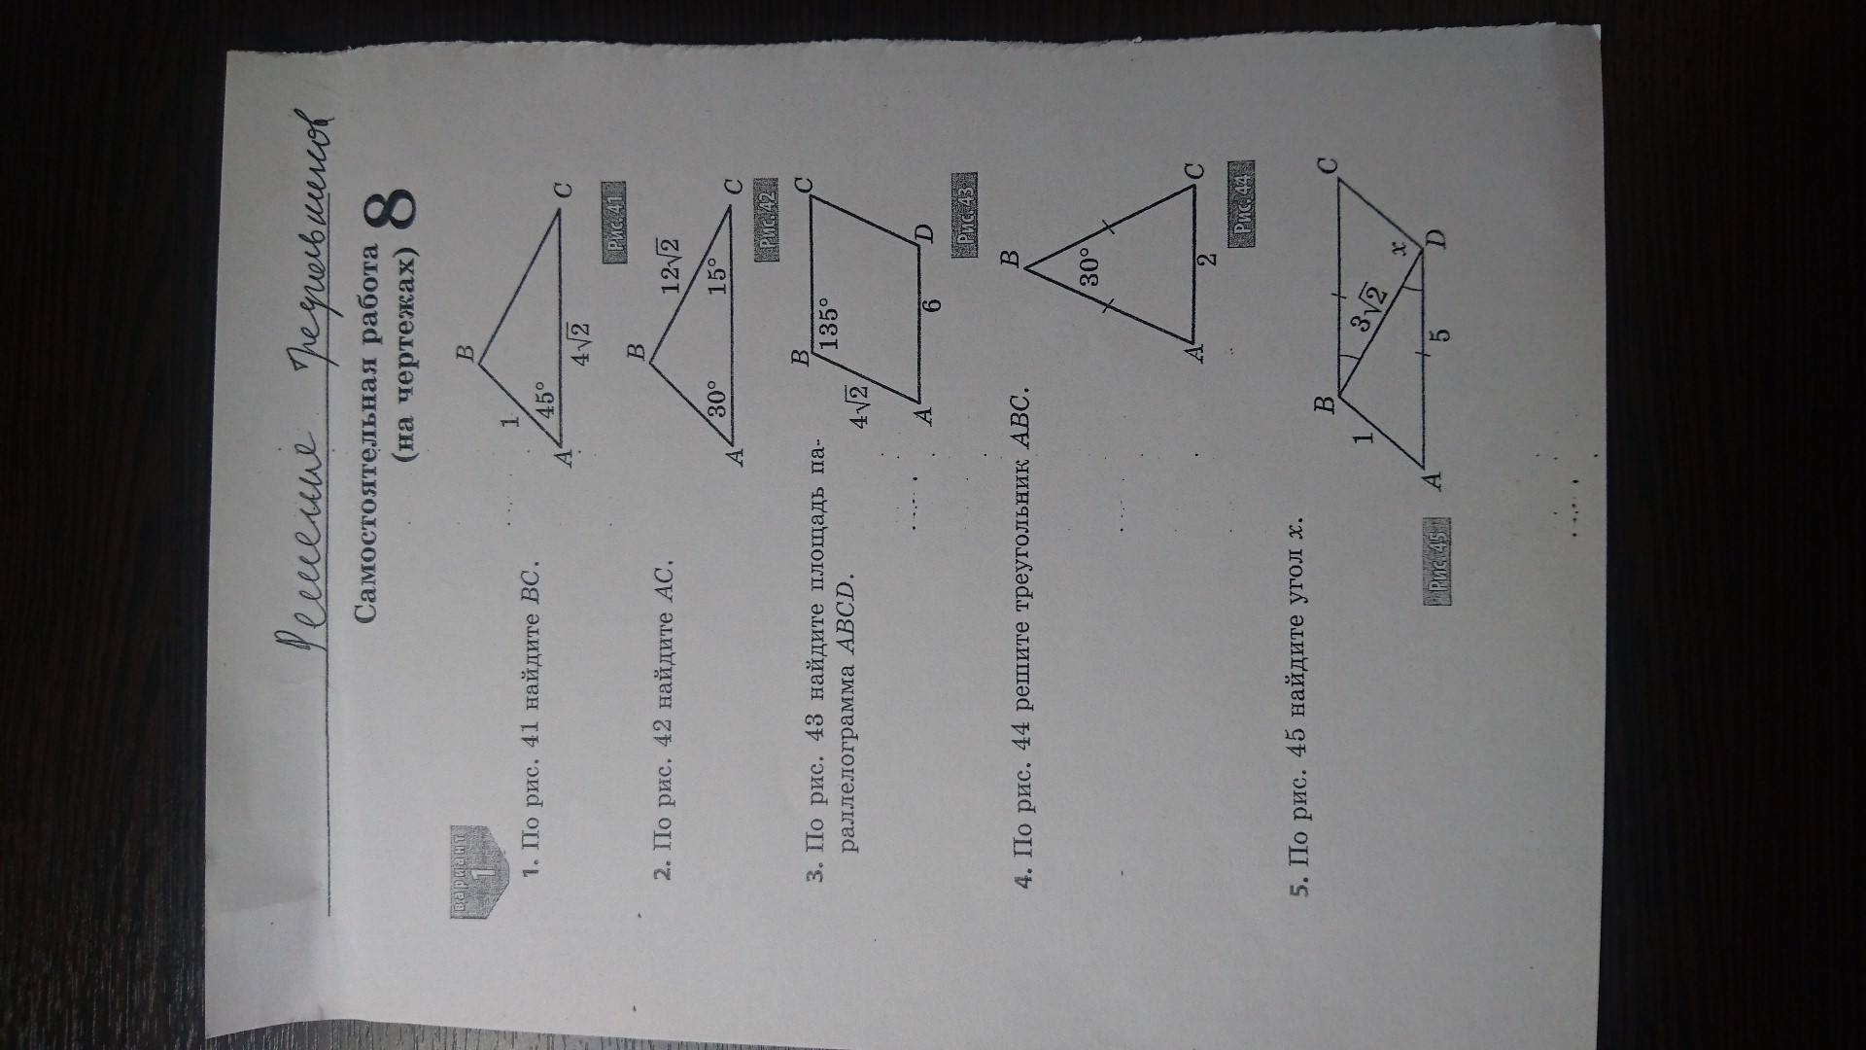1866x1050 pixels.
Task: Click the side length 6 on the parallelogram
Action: coord(933,303)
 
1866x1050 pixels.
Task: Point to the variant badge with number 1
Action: coord(474,867)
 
